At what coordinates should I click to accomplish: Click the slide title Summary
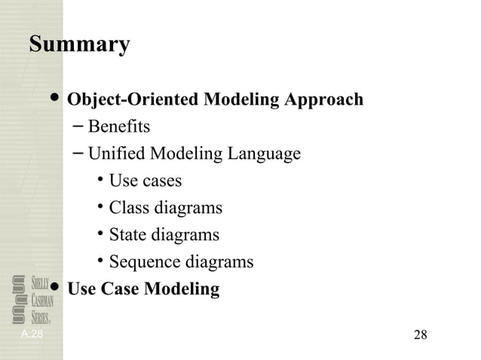(79, 44)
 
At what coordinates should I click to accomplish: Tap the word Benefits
(119, 127)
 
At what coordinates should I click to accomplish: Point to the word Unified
(117, 154)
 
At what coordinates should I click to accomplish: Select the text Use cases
(146, 182)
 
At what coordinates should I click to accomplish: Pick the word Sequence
(144, 263)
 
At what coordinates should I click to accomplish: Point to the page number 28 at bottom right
(421, 334)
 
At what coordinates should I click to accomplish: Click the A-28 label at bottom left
(32, 333)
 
